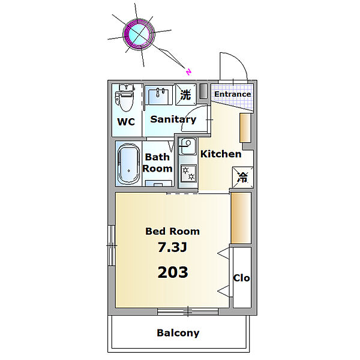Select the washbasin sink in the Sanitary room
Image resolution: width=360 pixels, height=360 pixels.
click(158, 95)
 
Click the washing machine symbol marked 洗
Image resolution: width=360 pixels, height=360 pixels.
click(186, 94)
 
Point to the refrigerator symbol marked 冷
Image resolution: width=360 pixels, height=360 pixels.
click(242, 177)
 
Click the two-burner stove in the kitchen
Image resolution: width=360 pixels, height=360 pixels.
click(188, 173)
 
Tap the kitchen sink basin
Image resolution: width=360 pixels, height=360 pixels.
click(188, 146)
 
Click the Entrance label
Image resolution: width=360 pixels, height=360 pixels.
click(232, 94)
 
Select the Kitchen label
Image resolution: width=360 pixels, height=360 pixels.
click(221, 154)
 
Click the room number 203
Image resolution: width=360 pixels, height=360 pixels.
click(173, 272)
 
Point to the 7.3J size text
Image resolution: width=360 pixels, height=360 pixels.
click(172, 247)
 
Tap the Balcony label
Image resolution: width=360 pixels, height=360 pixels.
click(178, 333)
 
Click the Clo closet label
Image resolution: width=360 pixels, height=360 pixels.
click(242, 278)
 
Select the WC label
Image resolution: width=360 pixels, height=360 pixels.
click(126, 122)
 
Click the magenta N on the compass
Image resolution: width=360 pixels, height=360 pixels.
click(188, 72)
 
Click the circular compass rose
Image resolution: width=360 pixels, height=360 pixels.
click(139, 34)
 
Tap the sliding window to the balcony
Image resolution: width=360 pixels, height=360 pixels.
click(188, 311)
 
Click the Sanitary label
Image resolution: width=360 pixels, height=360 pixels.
click(173, 119)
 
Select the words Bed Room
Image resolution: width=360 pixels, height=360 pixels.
click(172, 231)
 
